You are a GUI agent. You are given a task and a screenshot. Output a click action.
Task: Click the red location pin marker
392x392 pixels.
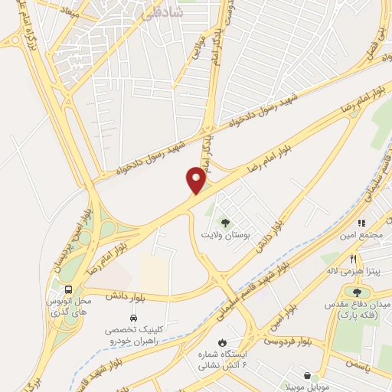(196, 181)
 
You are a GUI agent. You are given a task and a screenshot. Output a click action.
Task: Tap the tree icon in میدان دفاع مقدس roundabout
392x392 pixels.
(357, 291)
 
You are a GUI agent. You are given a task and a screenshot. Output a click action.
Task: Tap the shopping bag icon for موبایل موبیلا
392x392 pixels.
(309, 376)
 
